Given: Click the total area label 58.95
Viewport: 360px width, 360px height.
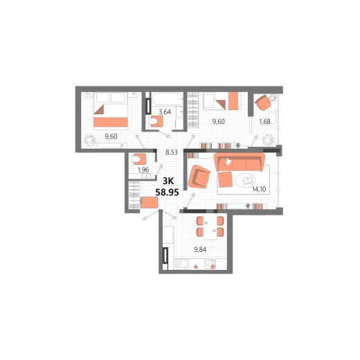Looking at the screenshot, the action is tap(167, 192).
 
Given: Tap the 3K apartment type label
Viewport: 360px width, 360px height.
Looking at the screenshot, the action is tap(168, 181).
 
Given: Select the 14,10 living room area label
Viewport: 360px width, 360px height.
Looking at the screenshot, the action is tap(259, 189).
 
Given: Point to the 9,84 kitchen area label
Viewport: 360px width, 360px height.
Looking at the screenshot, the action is tap(200, 249).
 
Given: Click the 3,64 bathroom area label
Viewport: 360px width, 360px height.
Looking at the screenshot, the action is tap(165, 111).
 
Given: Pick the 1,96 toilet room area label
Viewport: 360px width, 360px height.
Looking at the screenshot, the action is tap(143, 170).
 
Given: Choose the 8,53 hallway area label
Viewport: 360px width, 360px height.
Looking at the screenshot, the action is tap(172, 152).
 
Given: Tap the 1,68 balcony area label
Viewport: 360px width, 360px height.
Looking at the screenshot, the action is tap(264, 122).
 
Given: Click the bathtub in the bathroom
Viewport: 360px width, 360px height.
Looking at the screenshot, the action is tap(168, 99).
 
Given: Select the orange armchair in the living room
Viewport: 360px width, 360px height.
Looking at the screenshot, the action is tap(199, 177).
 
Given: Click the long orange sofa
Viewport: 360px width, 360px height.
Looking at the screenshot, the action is tap(240, 161).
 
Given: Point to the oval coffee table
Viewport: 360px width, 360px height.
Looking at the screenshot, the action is tap(245, 180).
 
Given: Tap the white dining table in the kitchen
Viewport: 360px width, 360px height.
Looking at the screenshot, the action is tap(210, 227).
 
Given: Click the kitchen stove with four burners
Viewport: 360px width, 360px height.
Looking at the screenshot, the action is tap(210, 264).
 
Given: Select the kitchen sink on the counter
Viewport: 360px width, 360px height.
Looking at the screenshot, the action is tap(184, 264).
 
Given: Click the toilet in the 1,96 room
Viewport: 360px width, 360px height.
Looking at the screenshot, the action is tap(138, 159).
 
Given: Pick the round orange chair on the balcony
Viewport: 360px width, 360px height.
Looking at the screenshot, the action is tap(262, 102).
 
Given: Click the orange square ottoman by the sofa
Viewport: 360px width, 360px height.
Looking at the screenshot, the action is tap(225, 179).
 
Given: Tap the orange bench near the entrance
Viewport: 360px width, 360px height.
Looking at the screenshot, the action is tap(149, 202).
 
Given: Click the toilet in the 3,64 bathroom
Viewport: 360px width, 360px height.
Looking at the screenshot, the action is tap(156, 121).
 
